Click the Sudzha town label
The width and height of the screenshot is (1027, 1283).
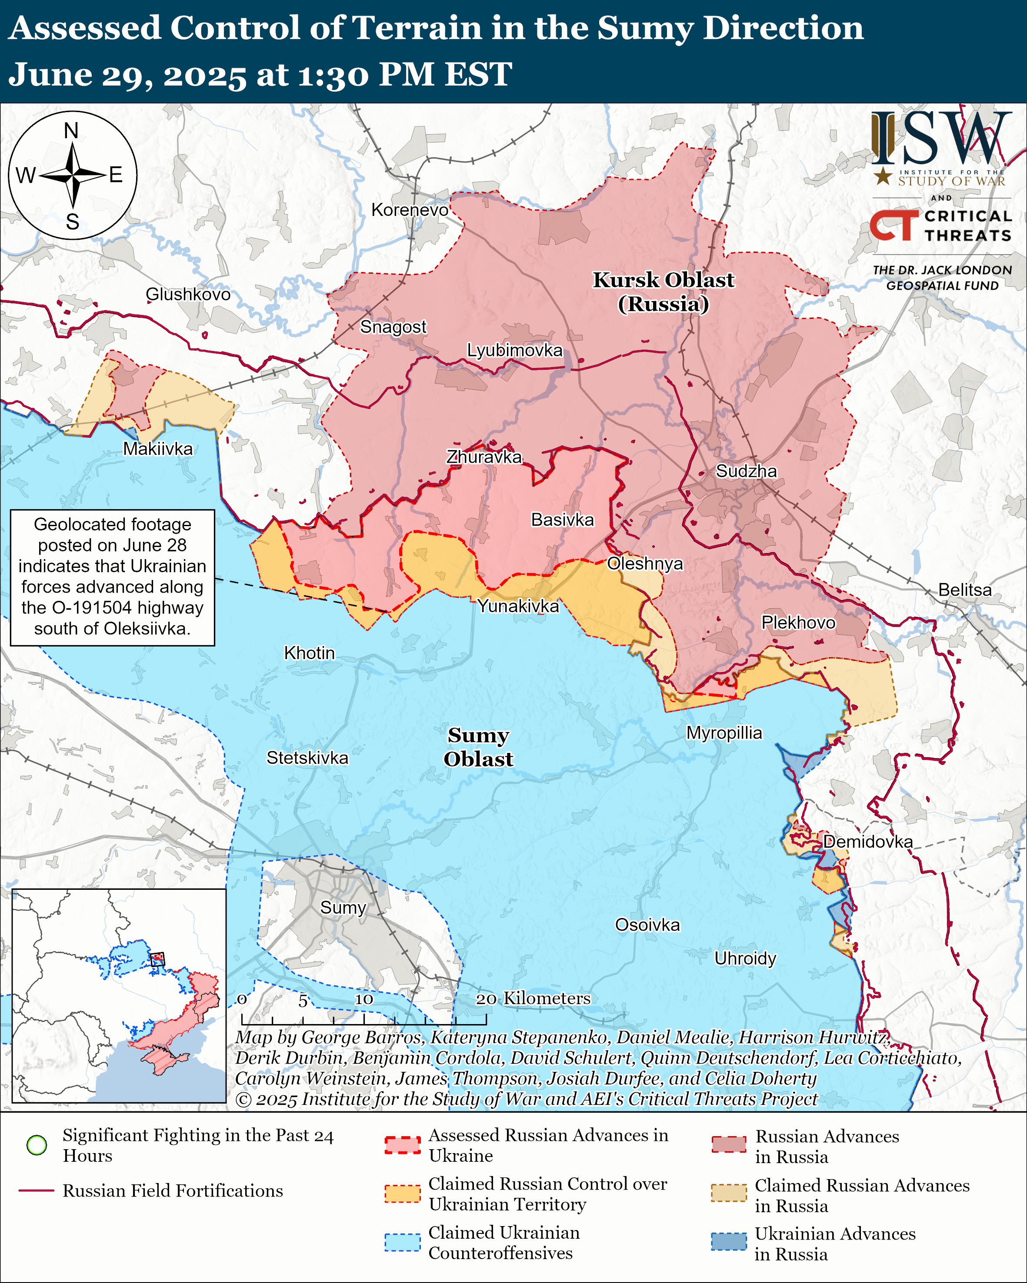pos(746,471)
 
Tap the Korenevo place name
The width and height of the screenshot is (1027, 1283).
pos(410,210)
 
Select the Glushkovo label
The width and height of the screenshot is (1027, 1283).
pos(188,295)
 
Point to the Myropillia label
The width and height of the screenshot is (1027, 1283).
pos(724,733)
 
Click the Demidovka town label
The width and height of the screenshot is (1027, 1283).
pos(867,842)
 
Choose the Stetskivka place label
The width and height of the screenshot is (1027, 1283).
pos(307,758)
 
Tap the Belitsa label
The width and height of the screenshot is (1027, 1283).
pos(964,590)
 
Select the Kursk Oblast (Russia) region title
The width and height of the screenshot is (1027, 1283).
pos(663,292)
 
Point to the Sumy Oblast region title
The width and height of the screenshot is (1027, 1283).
pos(478,747)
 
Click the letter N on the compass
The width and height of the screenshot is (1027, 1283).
pos(71,130)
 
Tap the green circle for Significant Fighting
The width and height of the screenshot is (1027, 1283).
pos(37,1145)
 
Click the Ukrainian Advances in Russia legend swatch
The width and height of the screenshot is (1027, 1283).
pos(728,1242)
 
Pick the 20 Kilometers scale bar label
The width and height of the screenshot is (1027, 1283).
pos(533,998)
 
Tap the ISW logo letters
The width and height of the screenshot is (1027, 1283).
pos(940,138)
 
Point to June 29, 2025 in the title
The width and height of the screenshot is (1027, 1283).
pos(128,75)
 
